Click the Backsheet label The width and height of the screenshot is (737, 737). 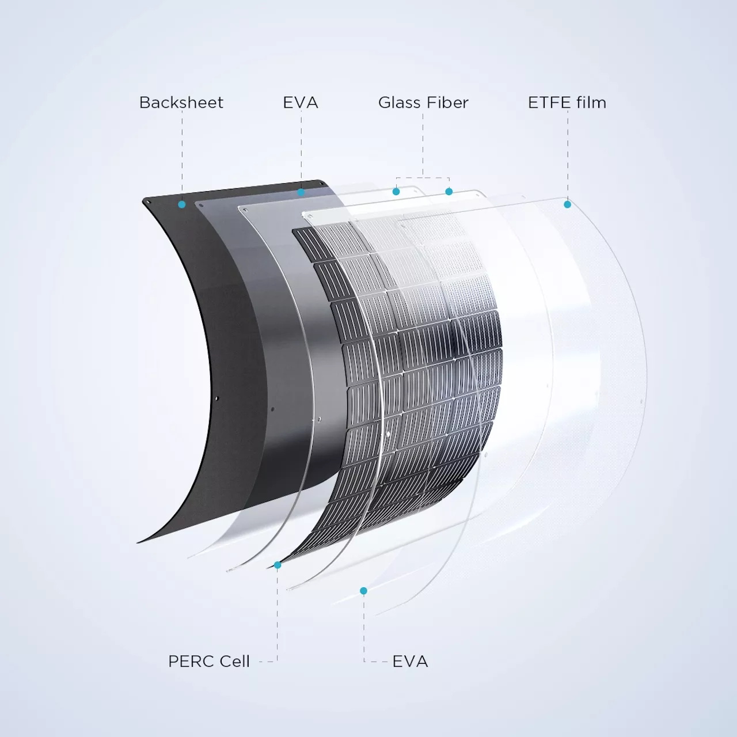(181, 102)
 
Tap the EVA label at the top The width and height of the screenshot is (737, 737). (301, 102)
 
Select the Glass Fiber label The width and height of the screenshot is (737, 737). (423, 102)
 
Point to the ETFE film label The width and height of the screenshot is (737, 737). (567, 102)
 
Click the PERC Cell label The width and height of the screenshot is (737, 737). (209, 661)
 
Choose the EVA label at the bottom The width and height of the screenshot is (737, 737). (410, 661)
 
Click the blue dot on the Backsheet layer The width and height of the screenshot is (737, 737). (182, 204)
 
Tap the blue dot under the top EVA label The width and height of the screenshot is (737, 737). (301, 192)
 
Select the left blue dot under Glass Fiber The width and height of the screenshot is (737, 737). (396, 192)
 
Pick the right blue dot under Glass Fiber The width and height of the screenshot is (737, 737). (449, 191)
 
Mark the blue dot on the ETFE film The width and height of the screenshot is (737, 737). (567, 204)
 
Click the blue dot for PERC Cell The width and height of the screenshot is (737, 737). (278, 565)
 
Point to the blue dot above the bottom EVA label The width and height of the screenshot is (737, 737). (364, 591)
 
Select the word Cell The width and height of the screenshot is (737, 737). (233, 661)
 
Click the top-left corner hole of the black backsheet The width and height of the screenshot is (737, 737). (150, 202)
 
